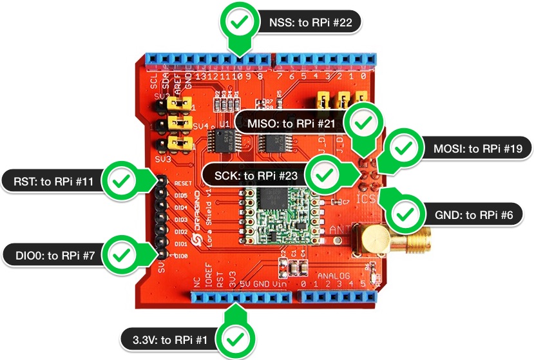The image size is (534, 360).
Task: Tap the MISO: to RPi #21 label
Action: tap(288, 122)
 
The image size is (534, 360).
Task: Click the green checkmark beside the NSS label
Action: tap(240, 22)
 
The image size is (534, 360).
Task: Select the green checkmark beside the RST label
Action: tap(119, 182)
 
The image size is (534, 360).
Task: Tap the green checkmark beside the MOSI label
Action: tap(404, 148)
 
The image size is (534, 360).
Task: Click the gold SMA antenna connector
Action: tap(374, 241)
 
